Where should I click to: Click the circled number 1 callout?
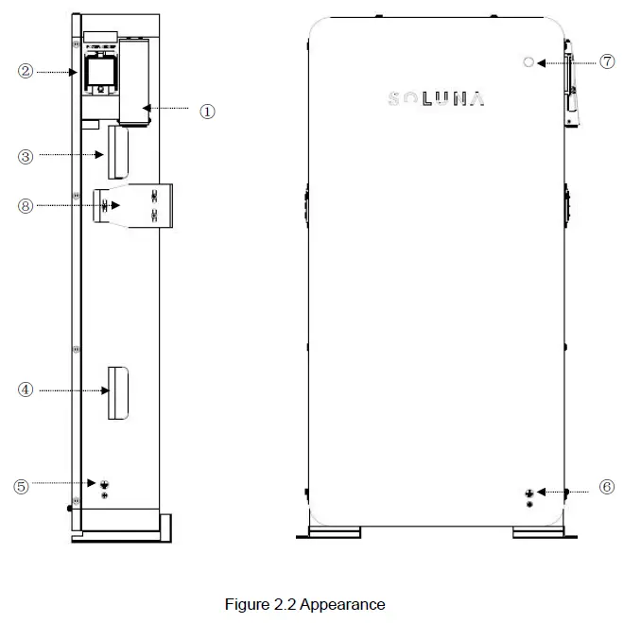[x=207, y=111]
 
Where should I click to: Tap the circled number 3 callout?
[x=26, y=157]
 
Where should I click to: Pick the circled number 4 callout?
[x=26, y=389]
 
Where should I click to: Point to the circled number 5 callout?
[x=21, y=486]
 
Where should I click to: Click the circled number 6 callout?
[x=607, y=487]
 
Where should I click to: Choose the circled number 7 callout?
[x=607, y=61]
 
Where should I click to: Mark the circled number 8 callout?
[x=26, y=204]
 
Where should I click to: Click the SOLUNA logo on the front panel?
[x=437, y=98]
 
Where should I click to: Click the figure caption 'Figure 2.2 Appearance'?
[x=304, y=604]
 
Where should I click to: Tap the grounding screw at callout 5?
[x=104, y=484]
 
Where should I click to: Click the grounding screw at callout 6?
[x=529, y=493]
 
